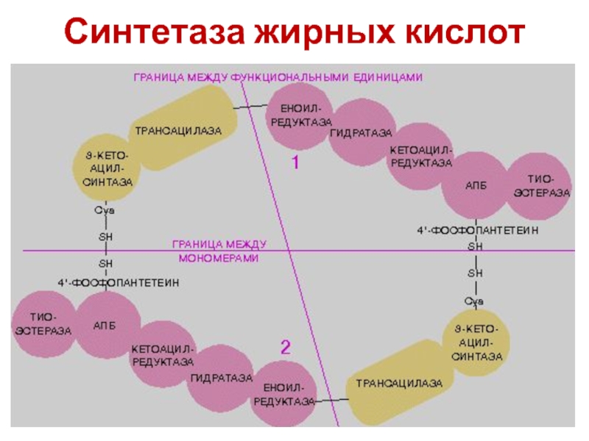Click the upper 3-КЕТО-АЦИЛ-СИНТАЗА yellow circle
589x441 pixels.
(x=107, y=169)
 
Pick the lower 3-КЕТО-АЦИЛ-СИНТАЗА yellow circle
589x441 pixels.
(x=477, y=343)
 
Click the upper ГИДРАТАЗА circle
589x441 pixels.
(x=360, y=135)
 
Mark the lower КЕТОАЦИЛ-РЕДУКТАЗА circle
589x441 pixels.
(x=162, y=355)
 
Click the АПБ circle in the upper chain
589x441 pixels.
(x=474, y=184)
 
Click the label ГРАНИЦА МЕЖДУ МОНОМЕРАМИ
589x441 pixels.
(x=219, y=251)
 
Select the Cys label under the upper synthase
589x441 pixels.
(x=107, y=211)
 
